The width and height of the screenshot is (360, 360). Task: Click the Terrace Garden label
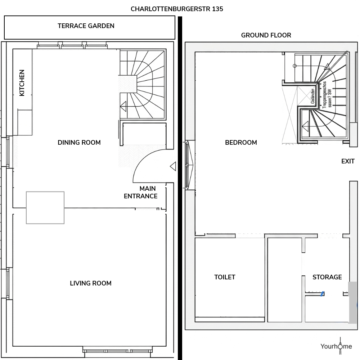click(x=86, y=26)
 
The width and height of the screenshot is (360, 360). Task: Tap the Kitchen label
click(x=22, y=83)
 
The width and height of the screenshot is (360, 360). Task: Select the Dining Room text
click(x=79, y=142)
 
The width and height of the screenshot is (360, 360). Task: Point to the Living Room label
click(x=91, y=283)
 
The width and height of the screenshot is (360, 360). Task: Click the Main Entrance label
click(x=141, y=192)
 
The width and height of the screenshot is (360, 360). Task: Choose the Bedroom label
click(x=241, y=142)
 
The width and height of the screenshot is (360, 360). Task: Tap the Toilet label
click(x=225, y=277)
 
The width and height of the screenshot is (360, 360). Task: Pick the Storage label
click(x=327, y=277)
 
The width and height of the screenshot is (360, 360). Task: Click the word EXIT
click(x=348, y=161)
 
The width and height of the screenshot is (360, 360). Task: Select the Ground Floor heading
click(x=266, y=35)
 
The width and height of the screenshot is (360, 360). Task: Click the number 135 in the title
click(x=217, y=9)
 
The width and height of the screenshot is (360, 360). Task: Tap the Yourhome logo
click(x=336, y=346)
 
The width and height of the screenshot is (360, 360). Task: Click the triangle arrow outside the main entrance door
click(x=173, y=166)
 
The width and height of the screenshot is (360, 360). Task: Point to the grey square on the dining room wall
click(x=45, y=208)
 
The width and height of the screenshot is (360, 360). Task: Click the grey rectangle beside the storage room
click(x=352, y=303)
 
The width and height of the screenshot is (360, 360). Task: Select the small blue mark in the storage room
click(x=322, y=294)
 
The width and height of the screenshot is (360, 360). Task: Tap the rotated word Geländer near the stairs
click(x=313, y=96)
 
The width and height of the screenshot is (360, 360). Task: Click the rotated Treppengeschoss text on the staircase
click(x=327, y=95)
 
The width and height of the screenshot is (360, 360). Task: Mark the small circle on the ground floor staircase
click(x=294, y=66)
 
